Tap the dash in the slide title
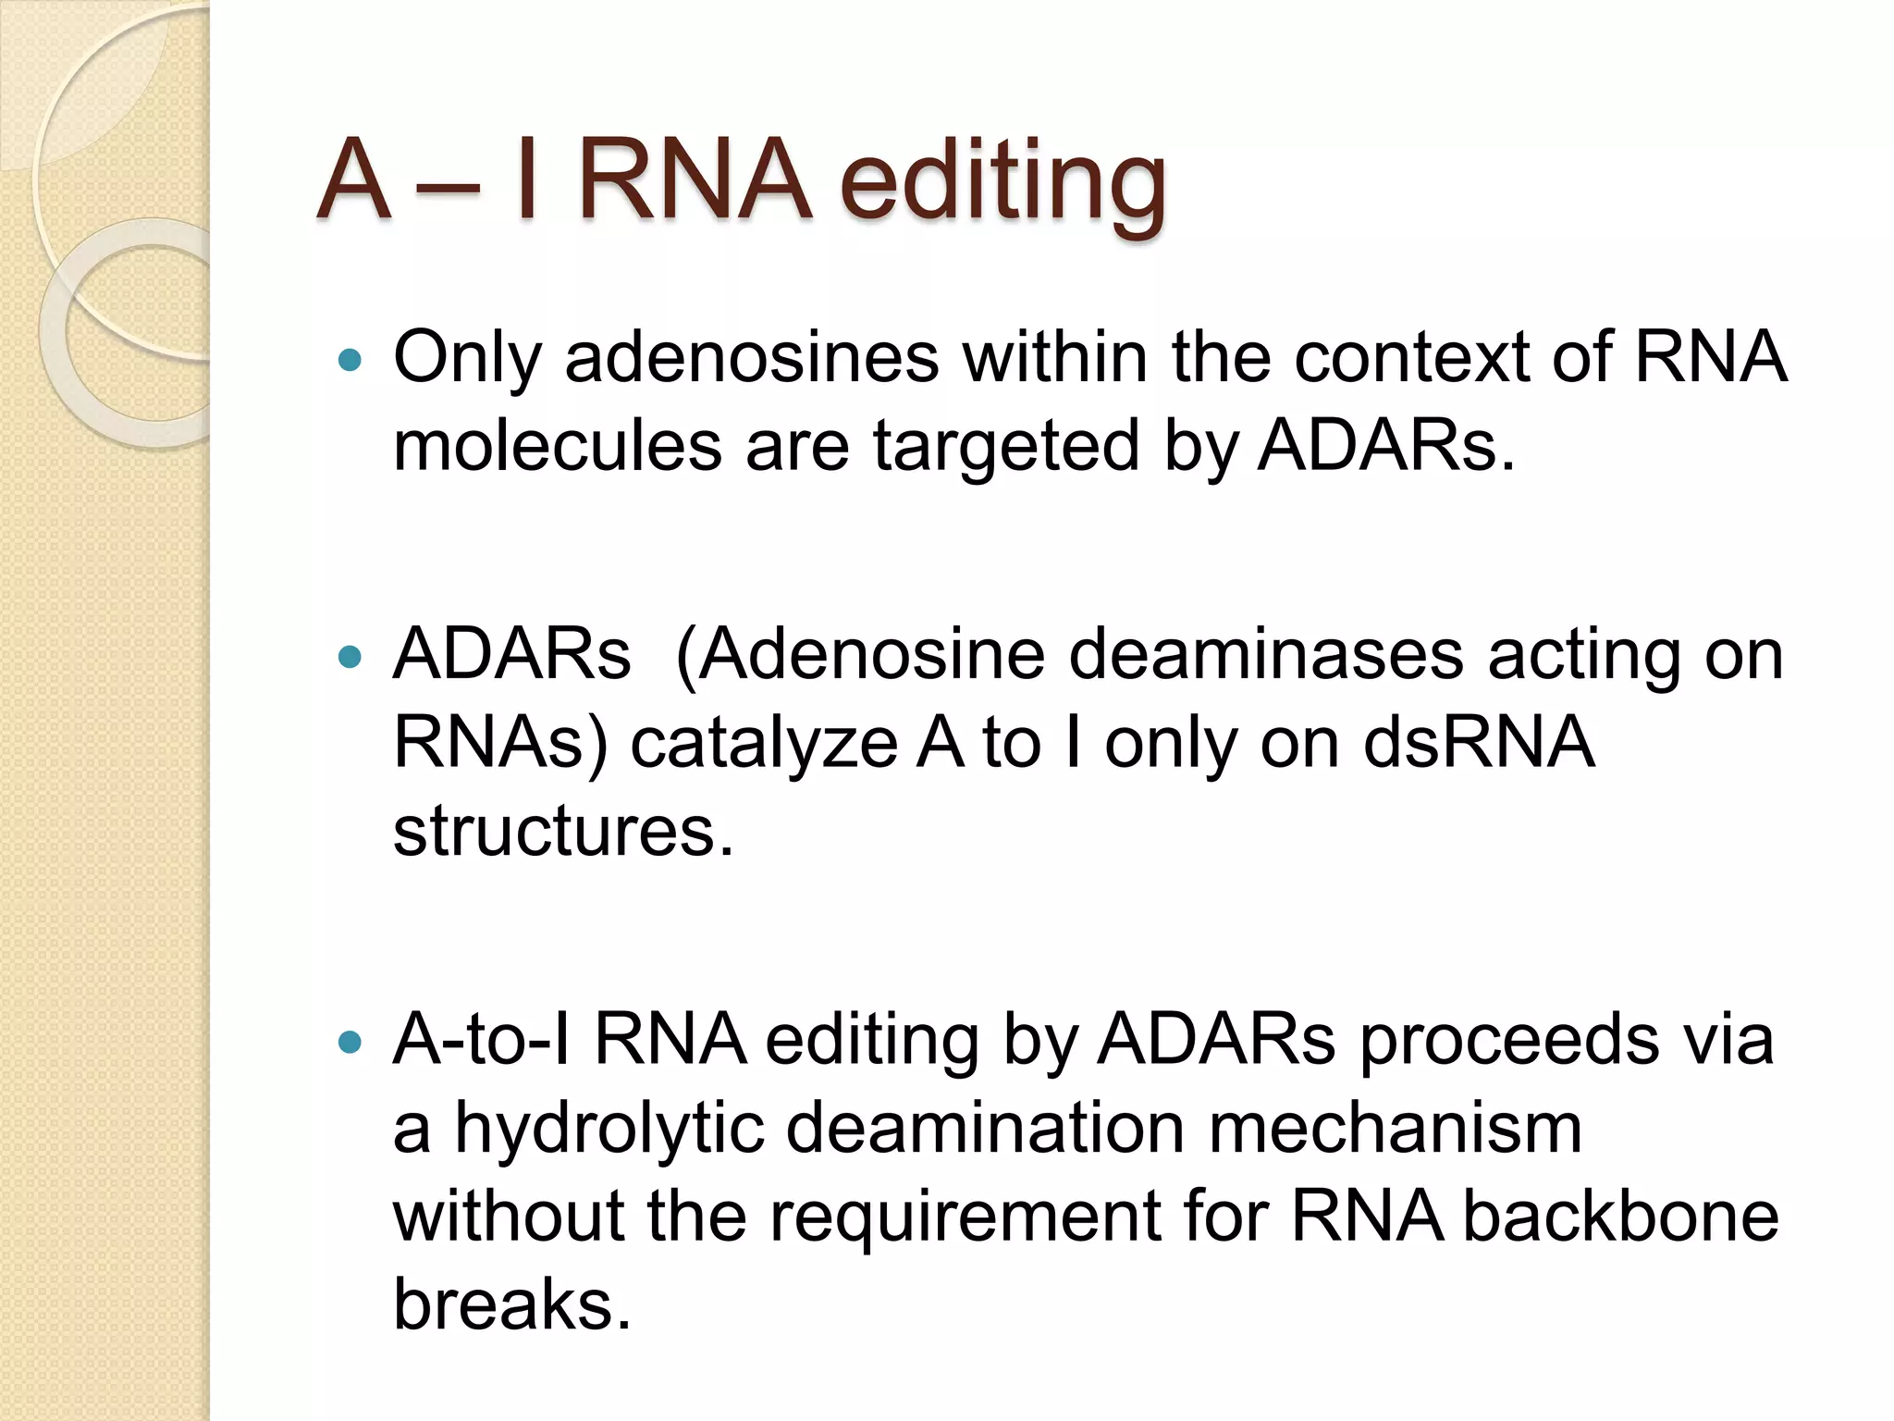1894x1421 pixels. point(448,190)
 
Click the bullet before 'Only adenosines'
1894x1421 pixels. point(350,360)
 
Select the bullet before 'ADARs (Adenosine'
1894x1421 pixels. point(350,658)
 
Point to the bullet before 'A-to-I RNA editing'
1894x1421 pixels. point(350,1043)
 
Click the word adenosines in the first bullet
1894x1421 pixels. point(751,357)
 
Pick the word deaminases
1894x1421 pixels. point(1265,655)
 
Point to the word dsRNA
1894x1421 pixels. point(1480,743)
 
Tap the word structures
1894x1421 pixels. point(562,831)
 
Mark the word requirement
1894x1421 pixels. point(965,1217)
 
